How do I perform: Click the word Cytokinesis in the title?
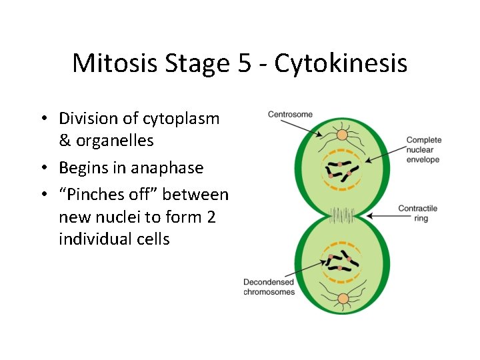click(x=341, y=64)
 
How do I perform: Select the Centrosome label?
click(x=290, y=114)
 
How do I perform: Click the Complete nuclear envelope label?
click(x=423, y=150)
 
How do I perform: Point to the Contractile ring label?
click(x=417, y=213)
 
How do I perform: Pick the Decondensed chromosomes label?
click(x=269, y=287)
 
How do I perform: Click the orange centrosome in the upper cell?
click(x=342, y=135)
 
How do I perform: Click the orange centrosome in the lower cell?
click(x=343, y=298)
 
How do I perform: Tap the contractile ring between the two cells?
click(x=343, y=215)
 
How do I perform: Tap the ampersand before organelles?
click(x=65, y=141)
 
